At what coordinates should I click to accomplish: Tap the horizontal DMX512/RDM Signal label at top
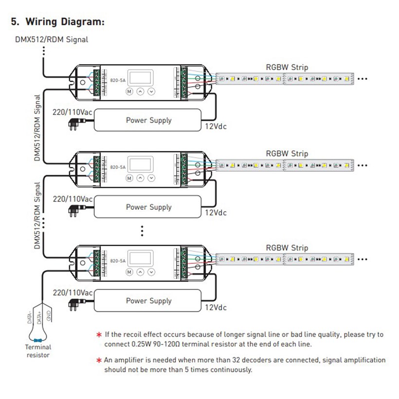point(52,39)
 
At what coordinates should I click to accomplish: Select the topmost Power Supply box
point(148,120)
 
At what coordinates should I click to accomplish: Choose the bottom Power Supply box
point(148,301)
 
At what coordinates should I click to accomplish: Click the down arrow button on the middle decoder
point(151,179)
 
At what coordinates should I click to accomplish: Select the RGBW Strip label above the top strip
point(287,67)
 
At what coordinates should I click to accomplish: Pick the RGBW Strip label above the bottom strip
point(287,248)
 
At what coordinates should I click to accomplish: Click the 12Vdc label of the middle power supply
point(216,213)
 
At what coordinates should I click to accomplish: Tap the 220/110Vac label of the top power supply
point(73,112)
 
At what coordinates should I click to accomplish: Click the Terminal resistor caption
point(38,351)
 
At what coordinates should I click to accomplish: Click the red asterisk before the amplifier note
point(99,361)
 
